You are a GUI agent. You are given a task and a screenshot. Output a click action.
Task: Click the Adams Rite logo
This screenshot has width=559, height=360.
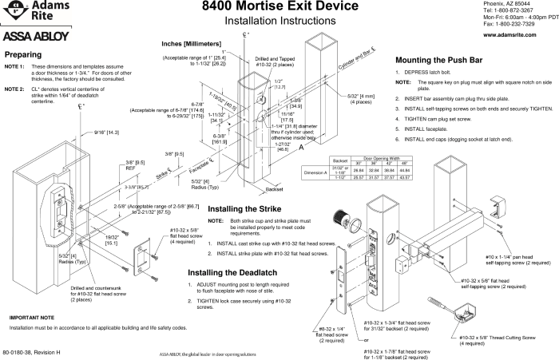29,14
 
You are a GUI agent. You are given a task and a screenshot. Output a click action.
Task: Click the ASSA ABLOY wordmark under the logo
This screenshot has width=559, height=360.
30,37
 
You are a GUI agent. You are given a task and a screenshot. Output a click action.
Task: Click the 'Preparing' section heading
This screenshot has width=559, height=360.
25,55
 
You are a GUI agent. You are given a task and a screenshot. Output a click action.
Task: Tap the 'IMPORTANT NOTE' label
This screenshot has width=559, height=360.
31,295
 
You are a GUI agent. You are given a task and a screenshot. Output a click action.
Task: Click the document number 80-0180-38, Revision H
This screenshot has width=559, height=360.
32,352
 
